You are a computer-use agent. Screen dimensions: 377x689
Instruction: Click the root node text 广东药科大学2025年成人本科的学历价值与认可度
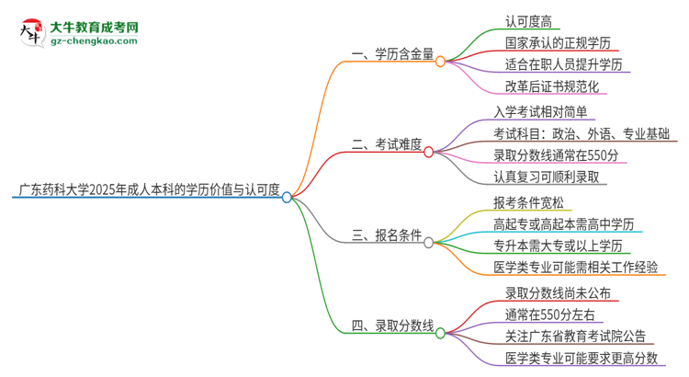(x=149, y=190)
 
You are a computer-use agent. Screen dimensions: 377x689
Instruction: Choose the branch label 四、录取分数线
(x=392, y=326)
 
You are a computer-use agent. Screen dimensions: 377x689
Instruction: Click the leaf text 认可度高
(x=528, y=22)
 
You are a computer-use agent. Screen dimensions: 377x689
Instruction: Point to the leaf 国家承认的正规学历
(x=558, y=43)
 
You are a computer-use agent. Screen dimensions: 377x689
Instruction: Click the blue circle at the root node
(x=288, y=197)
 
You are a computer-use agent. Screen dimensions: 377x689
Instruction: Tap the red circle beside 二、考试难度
(x=428, y=152)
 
